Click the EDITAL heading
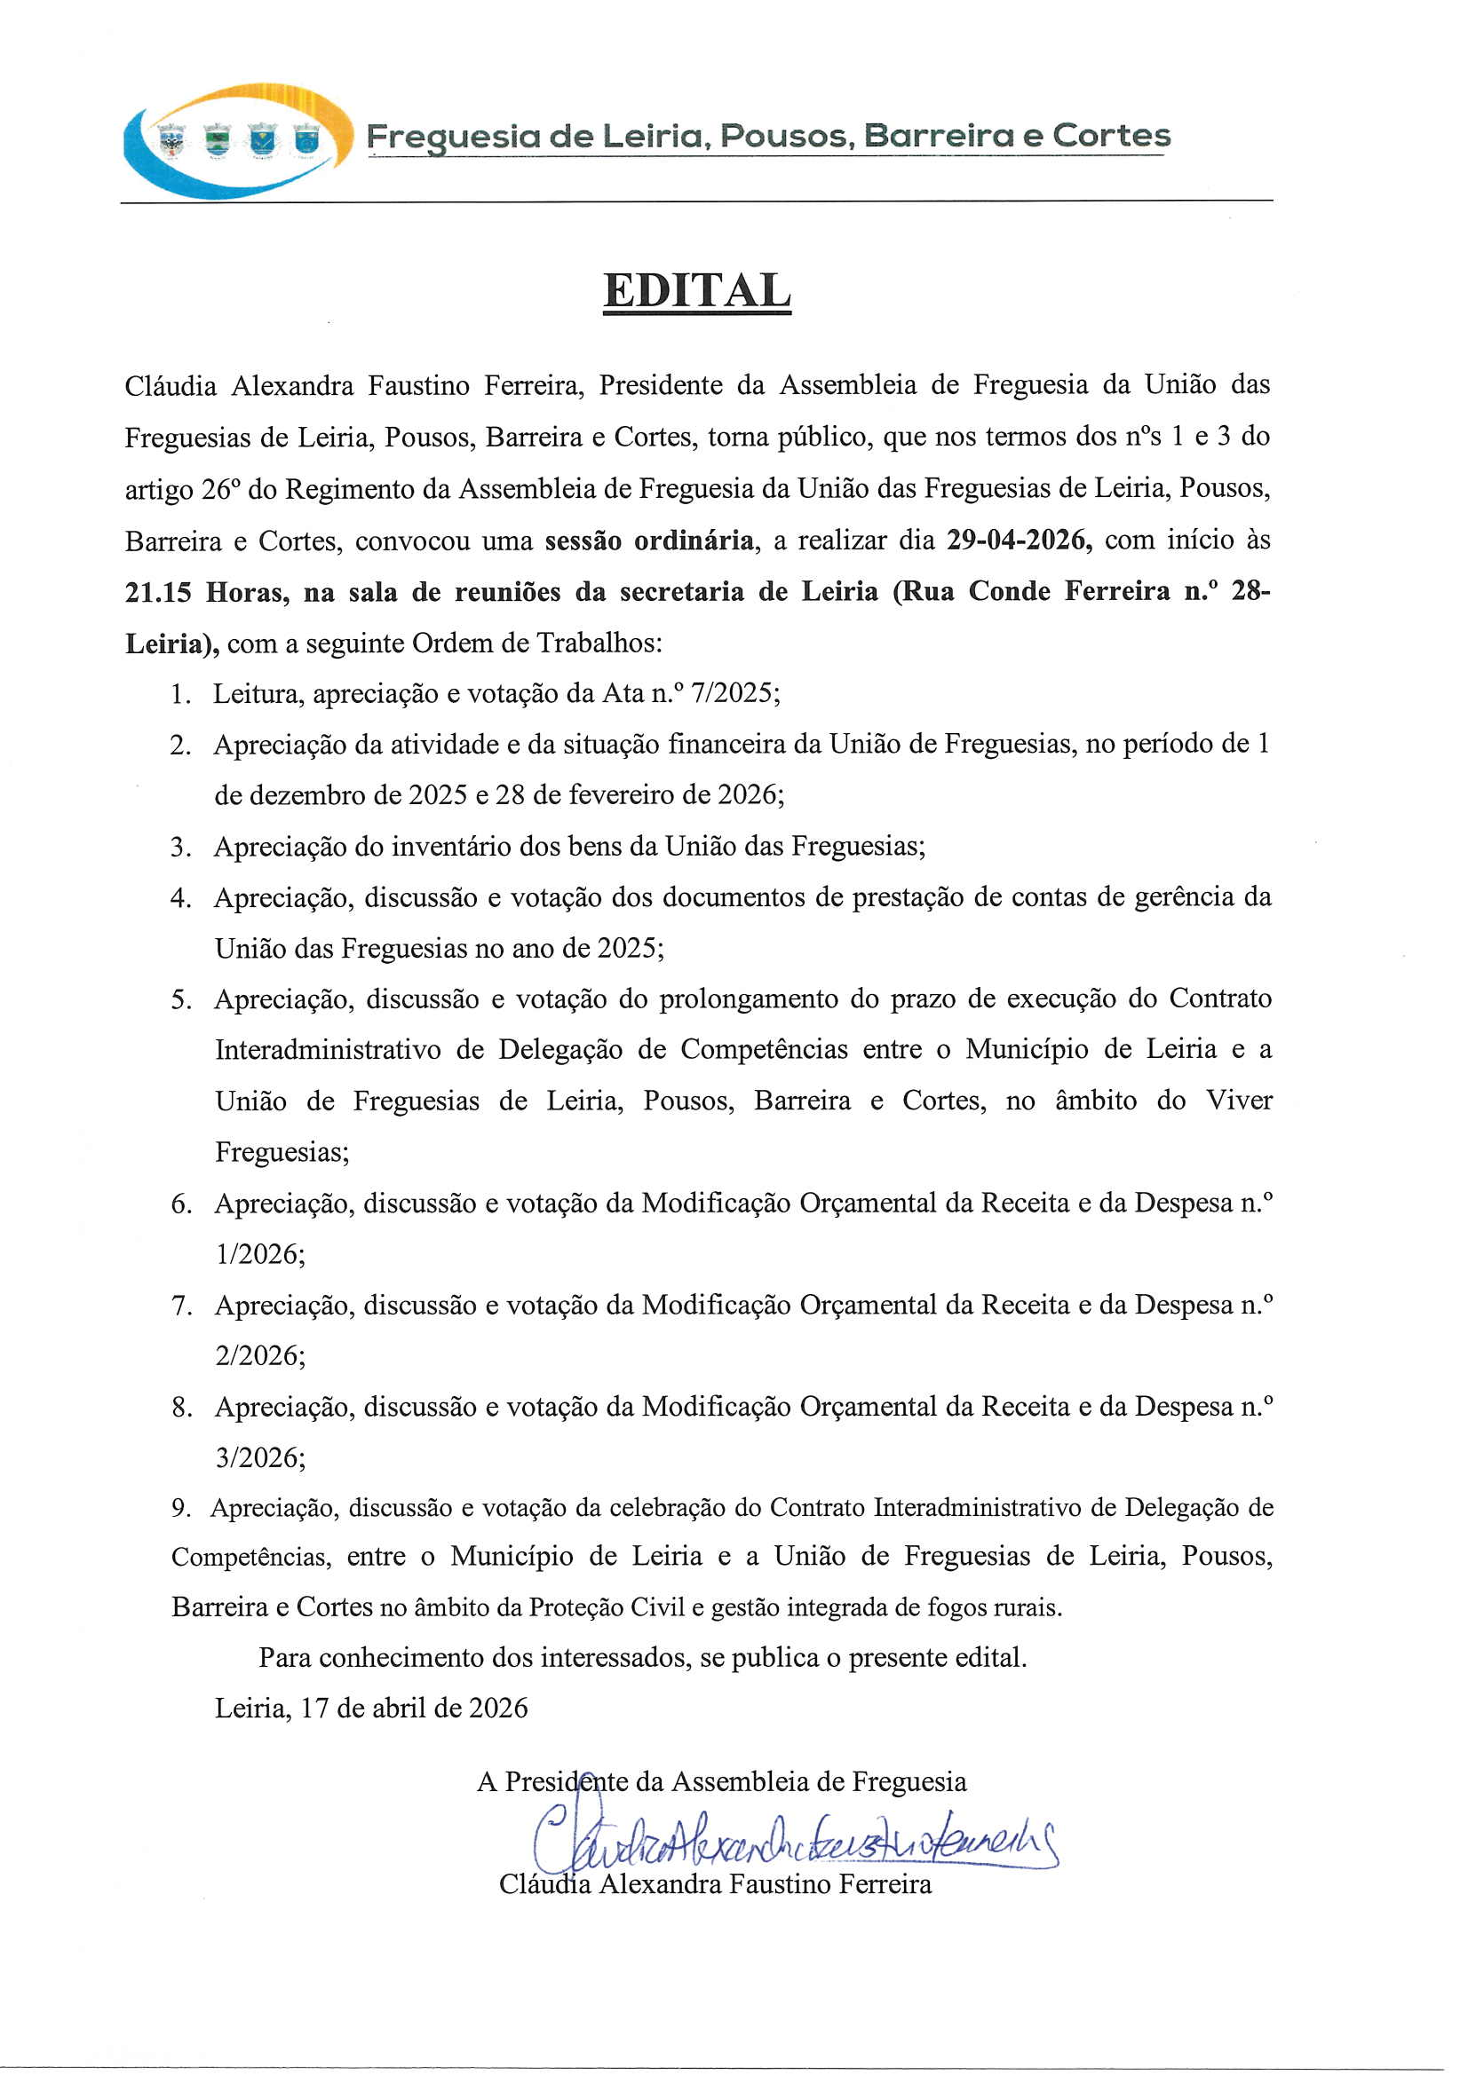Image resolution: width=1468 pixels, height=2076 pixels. point(696,291)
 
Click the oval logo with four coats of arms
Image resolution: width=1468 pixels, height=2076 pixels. point(238,139)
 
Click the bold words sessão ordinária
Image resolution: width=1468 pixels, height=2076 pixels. point(648,541)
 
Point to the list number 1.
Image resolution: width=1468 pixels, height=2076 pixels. point(179,694)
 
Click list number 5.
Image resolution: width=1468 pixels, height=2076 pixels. point(179,1000)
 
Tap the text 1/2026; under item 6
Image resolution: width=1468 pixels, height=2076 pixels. point(259,1254)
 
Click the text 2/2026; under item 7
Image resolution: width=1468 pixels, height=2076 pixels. point(259,1355)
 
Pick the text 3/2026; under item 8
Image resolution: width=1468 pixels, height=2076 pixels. point(259,1457)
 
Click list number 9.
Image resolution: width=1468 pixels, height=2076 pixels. point(179,1508)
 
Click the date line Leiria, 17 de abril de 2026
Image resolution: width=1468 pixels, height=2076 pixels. point(371,1708)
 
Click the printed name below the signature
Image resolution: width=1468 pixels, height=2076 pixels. point(715,1884)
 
